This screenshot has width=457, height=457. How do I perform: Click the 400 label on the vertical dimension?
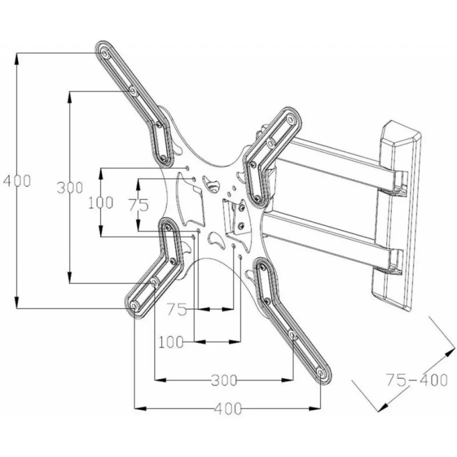pyautogui.click(x=17, y=181)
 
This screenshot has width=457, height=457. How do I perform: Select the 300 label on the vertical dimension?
pyautogui.click(x=70, y=187)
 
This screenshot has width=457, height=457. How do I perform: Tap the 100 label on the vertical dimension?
pyautogui.click(x=100, y=203)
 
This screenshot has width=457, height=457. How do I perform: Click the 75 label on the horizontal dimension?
pyautogui.click(x=177, y=309)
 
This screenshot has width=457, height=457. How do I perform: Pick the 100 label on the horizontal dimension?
pyautogui.click(x=171, y=342)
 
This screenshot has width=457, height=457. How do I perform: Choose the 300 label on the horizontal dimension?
pyautogui.click(x=224, y=381)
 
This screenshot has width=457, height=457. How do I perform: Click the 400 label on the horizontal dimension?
pyautogui.click(x=228, y=408)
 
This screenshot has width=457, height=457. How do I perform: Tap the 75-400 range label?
pyautogui.click(x=416, y=380)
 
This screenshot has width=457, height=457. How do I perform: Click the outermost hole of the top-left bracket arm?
pyautogui.click(x=104, y=54)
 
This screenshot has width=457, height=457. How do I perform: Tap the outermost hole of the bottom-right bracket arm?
pyautogui.click(x=321, y=372)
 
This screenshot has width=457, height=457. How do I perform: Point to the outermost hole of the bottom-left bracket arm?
pyautogui.click(x=134, y=306)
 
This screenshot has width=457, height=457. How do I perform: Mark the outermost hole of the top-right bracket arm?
pyautogui.click(x=291, y=120)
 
